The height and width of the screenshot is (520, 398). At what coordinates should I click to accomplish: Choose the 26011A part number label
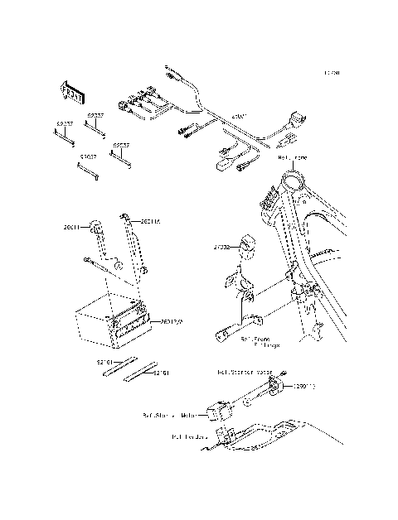150,221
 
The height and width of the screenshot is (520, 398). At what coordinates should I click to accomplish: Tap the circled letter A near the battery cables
118,266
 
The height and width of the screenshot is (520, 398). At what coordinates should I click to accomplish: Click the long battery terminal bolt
102,264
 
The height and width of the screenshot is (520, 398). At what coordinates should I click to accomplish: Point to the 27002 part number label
221,246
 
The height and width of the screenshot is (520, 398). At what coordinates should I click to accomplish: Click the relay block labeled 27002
246,246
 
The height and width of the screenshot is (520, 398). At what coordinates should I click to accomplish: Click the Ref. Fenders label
189,436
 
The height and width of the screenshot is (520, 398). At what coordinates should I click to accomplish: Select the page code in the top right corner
332,73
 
